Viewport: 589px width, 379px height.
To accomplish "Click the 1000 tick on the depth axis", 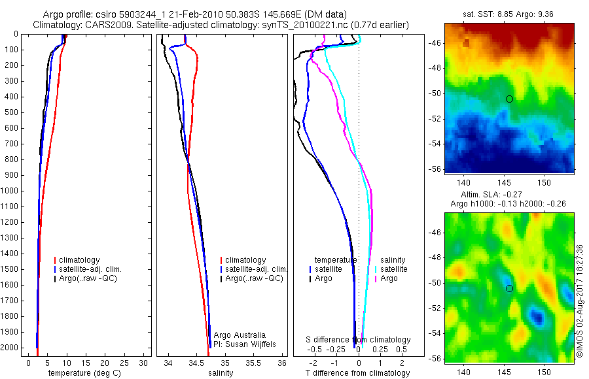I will point(11,191).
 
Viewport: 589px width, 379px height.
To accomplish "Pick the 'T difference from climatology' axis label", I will point(357,373).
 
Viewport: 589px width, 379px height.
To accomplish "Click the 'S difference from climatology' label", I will point(359,340).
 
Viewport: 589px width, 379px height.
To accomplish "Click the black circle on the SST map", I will point(509,99).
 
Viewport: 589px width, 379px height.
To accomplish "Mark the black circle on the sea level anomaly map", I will point(509,288).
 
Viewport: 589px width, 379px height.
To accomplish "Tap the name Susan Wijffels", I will point(247,344).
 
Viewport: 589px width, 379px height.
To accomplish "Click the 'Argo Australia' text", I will point(240,335).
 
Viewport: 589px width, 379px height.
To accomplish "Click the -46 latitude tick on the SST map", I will point(435,43).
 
